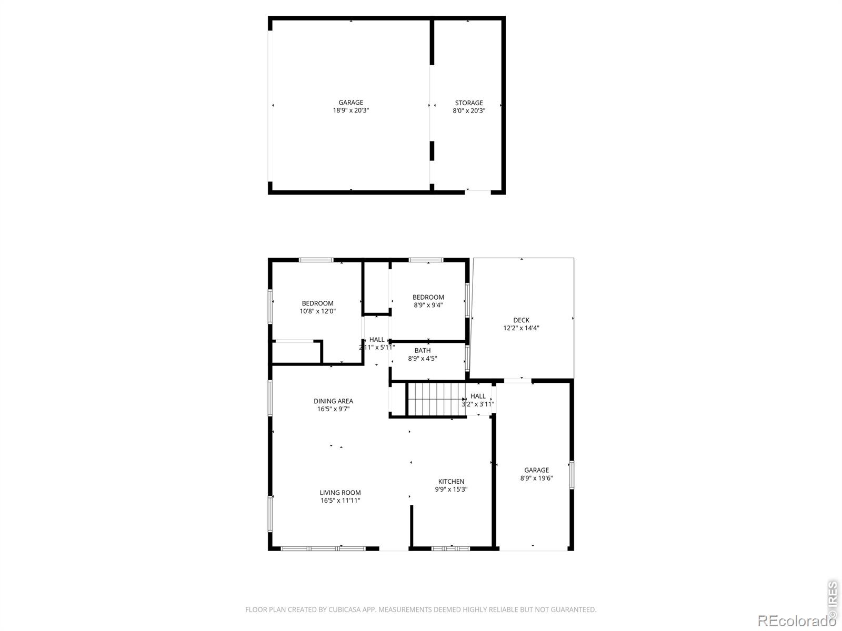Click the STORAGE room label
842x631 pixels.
pos(468,103)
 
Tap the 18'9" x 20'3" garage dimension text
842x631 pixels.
pos(350,111)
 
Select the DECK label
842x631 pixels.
pos(521,320)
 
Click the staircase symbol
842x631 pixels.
pos(436,399)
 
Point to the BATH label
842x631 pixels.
pos(422,351)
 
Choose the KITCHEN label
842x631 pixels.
pos(451,482)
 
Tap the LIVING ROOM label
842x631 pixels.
pos(340,493)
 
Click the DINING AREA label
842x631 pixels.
pos(333,401)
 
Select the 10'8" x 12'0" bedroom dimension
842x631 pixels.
pos(317,311)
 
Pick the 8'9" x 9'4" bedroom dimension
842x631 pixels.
pos(428,305)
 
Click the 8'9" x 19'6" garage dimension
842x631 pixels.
pos(536,479)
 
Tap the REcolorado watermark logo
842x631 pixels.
pos(796,621)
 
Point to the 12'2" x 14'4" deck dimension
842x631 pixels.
pos(521,328)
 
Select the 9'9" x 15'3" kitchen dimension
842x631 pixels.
pos(451,490)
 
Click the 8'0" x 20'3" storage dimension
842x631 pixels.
pos(468,111)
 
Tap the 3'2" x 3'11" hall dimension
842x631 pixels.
pos(478,404)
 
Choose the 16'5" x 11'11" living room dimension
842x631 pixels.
pos(340,501)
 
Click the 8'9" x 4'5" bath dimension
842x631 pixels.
pos(422,359)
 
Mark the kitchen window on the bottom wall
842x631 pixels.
pos(450,548)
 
